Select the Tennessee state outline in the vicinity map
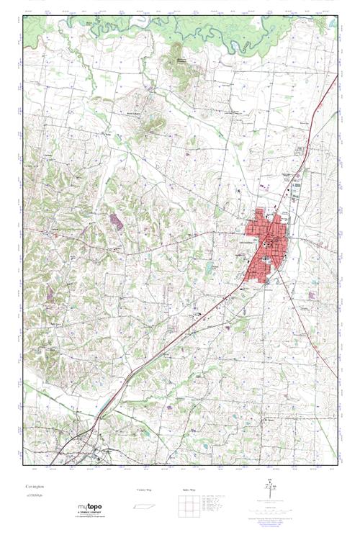143,504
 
